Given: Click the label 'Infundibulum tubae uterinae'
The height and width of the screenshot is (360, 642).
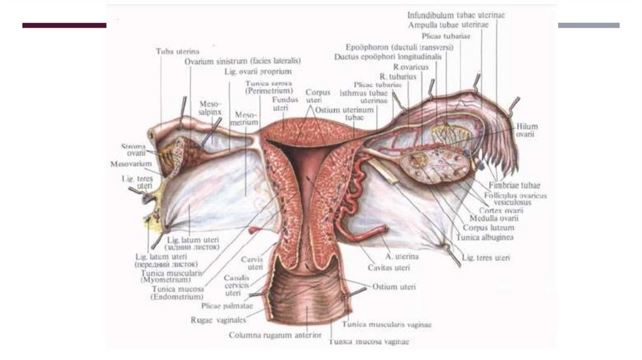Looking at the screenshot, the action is click(456, 14).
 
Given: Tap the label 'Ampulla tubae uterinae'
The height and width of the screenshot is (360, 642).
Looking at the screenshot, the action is click(448, 25).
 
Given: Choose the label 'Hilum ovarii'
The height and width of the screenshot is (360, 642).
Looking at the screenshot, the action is click(527, 130).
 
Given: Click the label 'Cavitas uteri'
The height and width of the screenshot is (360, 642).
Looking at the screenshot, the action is click(390, 268).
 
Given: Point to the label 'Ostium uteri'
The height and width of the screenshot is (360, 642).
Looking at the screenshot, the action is click(393, 287).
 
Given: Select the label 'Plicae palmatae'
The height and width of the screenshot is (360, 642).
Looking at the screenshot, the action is click(227, 306).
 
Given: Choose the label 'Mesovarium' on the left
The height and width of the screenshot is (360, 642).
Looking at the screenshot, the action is click(129, 164).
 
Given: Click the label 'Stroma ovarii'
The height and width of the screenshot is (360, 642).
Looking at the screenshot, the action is click(133, 150).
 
